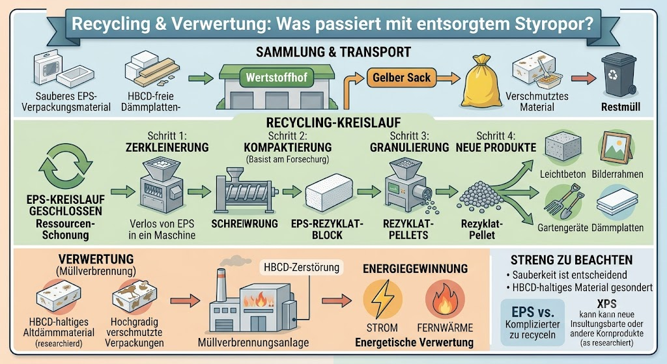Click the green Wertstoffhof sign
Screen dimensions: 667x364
pos(276,78)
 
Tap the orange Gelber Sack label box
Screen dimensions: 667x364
pos(401,77)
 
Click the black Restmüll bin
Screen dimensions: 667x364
pos(619,74)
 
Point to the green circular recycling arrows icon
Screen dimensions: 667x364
pos(66,166)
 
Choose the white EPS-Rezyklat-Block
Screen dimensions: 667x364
pos(329,192)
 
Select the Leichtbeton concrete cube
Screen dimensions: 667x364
pos(563,147)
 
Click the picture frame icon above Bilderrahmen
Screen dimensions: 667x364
pos(616,148)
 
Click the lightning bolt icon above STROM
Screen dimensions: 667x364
pos(382,299)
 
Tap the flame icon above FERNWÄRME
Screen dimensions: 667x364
pos(445,299)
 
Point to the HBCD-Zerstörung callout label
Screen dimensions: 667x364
pos(302,267)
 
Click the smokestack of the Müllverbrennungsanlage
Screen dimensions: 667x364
pos(220,285)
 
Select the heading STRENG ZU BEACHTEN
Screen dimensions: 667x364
pos(571,260)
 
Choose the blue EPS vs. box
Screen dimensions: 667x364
pos(533,322)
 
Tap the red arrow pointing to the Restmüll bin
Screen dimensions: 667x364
pos(584,78)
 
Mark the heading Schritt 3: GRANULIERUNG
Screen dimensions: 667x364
pos(409,141)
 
